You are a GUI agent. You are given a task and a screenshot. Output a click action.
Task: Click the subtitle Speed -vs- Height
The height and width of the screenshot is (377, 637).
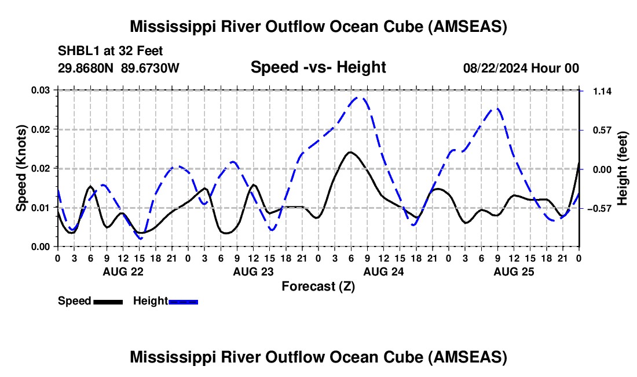coord(318,67)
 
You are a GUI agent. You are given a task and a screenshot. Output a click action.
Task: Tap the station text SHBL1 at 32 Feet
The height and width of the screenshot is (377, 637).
coord(110,51)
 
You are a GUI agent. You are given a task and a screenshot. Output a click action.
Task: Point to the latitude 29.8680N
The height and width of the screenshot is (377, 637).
coord(86,68)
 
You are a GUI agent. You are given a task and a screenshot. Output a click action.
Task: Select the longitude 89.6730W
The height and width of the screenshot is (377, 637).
coord(150,68)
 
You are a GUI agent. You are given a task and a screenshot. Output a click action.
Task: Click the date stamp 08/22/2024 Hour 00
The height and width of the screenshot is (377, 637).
coord(521,68)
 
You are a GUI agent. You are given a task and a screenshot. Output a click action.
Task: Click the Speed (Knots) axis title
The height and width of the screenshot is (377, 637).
coord(21,168)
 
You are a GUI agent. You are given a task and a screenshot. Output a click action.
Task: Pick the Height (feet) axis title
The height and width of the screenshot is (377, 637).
coord(622,168)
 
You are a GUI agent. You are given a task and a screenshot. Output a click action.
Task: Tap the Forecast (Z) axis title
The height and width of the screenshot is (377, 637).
coord(318,287)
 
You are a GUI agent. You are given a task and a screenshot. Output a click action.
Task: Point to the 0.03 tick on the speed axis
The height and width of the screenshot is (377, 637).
coord(41,90)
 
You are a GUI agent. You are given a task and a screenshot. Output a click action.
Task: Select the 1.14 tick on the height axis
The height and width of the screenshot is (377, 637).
coord(602,91)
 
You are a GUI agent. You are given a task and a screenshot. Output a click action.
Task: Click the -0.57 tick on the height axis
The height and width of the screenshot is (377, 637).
coord(599,208)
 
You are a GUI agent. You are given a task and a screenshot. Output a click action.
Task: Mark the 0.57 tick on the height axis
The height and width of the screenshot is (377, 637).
coord(602,130)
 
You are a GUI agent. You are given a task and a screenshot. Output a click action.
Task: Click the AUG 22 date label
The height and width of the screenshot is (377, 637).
coord(123,271)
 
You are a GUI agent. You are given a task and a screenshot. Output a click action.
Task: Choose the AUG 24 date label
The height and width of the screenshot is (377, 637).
coord(383,271)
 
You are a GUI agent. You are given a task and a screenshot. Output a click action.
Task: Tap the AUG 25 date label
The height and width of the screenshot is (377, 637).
coord(514,271)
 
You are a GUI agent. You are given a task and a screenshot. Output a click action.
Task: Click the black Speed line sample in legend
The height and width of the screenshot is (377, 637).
coord(108,302)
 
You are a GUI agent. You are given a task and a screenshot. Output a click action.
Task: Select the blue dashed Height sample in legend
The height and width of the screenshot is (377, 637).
coord(183,302)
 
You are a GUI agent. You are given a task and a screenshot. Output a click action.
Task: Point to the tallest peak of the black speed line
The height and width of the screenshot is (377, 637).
coord(350,152)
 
